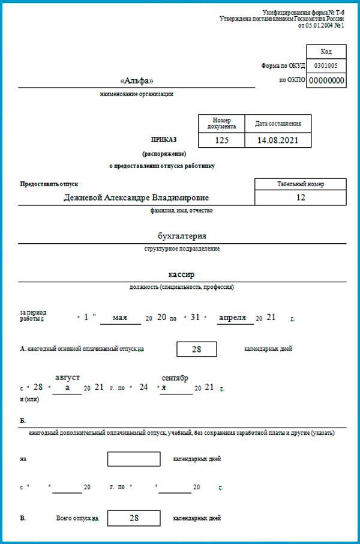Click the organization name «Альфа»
tap(137, 81)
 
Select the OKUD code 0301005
tap(326, 66)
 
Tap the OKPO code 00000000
tap(326, 80)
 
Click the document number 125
tap(221, 140)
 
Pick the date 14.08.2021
tap(278, 140)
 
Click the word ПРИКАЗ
tap(164, 140)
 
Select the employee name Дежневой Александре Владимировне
tap(137, 198)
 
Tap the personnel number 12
tap(301, 198)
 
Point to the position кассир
tap(182, 274)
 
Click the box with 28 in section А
tap(196, 349)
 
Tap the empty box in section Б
tap(134, 459)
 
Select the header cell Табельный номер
tap(301, 184)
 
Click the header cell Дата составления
tap(278, 124)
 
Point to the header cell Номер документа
tap(221, 124)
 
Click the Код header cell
tap(326, 52)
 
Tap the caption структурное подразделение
tap(182, 249)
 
